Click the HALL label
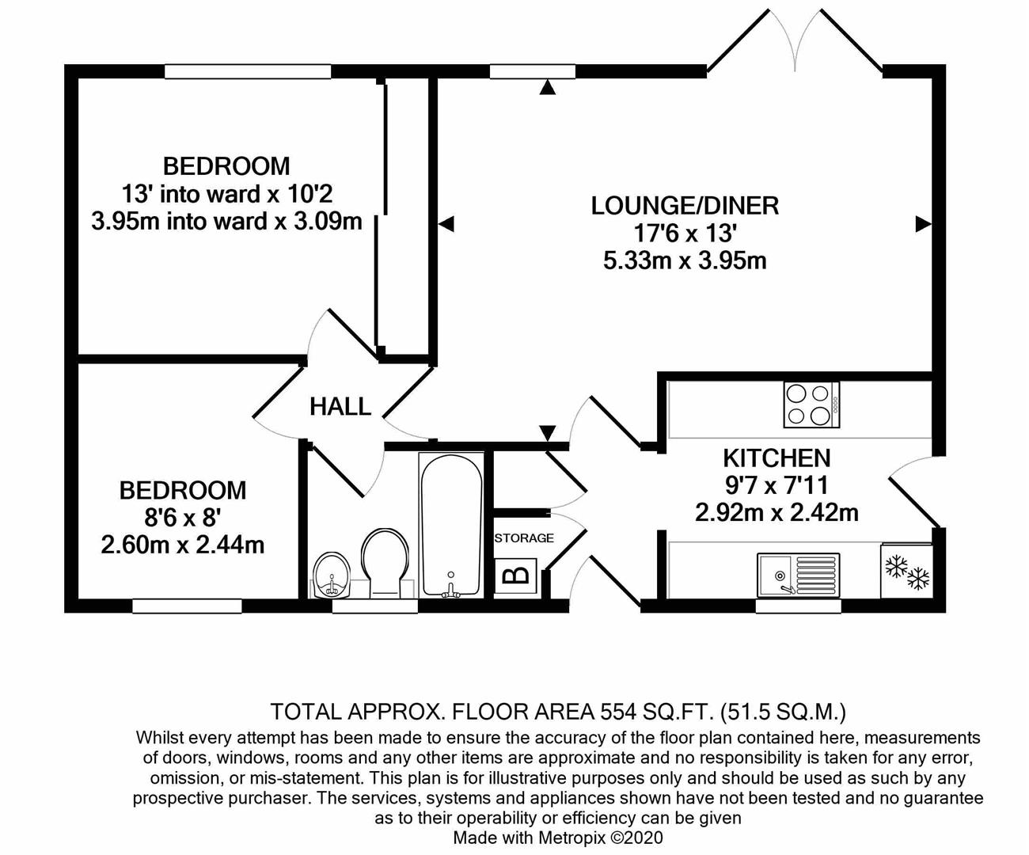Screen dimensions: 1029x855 point(340,407)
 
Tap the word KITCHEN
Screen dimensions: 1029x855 point(776,458)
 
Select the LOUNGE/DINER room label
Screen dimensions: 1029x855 point(685,206)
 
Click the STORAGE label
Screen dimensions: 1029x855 point(524,538)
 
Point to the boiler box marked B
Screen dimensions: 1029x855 point(515,575)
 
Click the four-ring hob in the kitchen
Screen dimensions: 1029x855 point(811,405)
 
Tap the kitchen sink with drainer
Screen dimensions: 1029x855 point(799,576)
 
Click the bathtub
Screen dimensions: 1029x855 point(451,526)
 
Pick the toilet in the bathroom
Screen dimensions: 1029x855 point(385,563)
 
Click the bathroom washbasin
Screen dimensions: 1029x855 point(332,575)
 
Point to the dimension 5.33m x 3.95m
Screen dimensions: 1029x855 point(685,260)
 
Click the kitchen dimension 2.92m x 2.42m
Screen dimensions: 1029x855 point(776,512)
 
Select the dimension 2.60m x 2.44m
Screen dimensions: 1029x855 point(183,545)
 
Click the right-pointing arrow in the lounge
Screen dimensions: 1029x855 point(924,224)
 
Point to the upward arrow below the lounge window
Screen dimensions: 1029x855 point(548,87)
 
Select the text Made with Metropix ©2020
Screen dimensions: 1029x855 point(558,838)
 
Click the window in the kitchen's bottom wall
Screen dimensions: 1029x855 point(799,606)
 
